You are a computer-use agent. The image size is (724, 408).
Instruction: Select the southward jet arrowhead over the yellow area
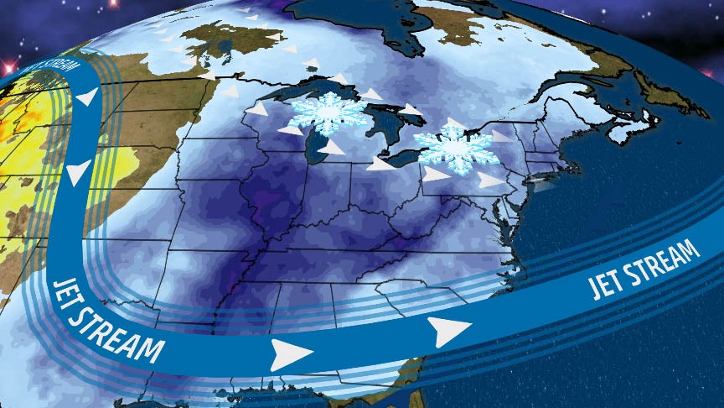click(78, 174)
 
